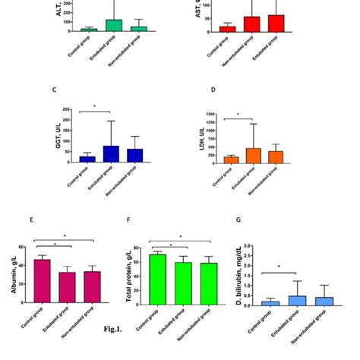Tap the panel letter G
238,220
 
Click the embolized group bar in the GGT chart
111,154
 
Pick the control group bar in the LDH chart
231,159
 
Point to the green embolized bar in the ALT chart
113,25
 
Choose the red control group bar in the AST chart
227,28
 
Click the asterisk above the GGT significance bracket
94,106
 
